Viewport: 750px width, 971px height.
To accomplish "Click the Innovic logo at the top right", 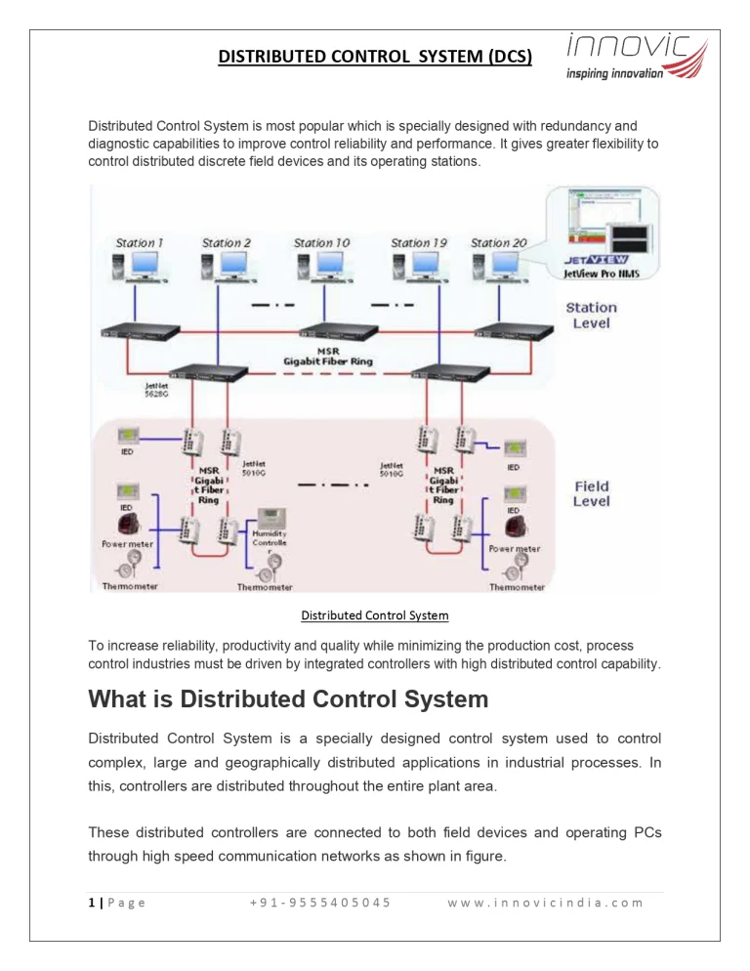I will click(636, 57).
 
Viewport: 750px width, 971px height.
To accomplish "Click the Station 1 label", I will click(140, 242).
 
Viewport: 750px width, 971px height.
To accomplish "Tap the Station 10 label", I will click(321, 242).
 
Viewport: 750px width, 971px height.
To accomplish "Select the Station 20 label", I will click(498, 242).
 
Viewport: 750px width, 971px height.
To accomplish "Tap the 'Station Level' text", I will click(592, 315).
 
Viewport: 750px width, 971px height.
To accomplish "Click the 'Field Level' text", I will click(592, 493).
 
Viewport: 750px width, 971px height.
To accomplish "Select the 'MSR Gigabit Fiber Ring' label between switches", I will click(328, 356).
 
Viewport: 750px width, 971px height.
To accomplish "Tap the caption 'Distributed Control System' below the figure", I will click(375, 615).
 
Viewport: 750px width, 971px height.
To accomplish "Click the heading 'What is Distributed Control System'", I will click(288, 699).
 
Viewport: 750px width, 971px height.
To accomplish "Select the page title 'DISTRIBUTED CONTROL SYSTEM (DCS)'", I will click(375, 57).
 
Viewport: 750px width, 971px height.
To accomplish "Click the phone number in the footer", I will click(320, 902).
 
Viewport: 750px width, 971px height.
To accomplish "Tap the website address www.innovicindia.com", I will click(546, 902).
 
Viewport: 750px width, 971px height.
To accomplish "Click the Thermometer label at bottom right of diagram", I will click(517, 587).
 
